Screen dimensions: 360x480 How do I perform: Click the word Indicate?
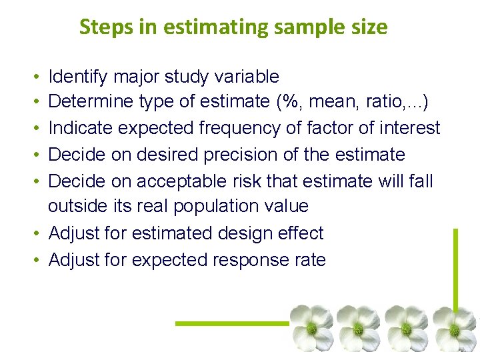pyautogui.click(x=83, y=128)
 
